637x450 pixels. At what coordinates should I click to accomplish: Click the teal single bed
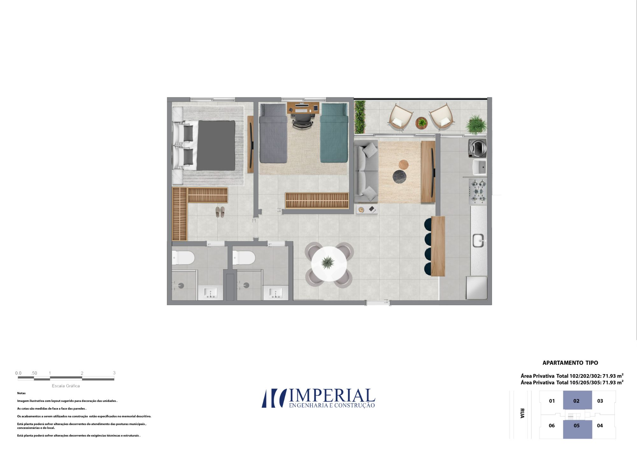pos(334,133)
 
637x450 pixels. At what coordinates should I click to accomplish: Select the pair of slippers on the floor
pos(220,212)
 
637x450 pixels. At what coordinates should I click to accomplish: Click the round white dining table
pos(329,263)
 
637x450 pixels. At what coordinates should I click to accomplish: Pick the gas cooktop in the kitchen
pos(478,191)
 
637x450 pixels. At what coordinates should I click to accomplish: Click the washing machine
pos(477,148)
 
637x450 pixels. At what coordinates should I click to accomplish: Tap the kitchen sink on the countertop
pos(478,240)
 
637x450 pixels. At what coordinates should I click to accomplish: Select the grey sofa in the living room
pos(366,171)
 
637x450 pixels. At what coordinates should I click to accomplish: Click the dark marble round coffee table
pos(399,177)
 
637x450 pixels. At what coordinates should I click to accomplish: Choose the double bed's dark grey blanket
pos(216,145)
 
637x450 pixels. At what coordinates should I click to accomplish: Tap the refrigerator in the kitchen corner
pos(476,288)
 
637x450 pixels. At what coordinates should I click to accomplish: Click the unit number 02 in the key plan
pos(576,401)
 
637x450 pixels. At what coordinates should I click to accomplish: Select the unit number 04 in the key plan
pos(600,425)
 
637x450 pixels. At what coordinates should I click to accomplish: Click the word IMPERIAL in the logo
pos(332,396)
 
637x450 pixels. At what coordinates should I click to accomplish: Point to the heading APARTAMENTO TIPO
pos(570,363)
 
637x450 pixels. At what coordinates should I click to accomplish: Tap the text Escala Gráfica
pos(66,386)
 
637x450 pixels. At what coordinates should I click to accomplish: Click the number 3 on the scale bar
pos(114,373)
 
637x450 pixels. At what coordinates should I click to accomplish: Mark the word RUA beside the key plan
pos(522,413)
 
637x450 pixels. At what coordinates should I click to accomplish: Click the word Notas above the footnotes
pos(21,393)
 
